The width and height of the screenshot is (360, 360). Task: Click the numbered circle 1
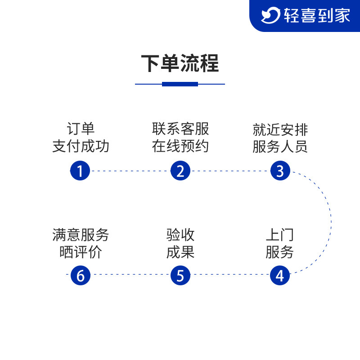pos(80,171)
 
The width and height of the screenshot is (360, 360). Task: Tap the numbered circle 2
pos(180,171)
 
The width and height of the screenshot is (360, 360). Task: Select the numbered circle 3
pos(280,171)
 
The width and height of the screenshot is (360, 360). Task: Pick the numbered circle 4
pos(280,275)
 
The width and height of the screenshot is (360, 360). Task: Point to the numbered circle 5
pos(180,275)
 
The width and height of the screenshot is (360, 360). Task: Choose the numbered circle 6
pos(80,275)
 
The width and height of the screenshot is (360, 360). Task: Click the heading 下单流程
pos(180,63)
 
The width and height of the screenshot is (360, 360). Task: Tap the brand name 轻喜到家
pos(317,16)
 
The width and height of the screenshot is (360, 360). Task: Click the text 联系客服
pos(180,129)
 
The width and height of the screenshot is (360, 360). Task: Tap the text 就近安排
pos(280,130)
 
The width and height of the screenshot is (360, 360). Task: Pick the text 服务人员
pos(280,147)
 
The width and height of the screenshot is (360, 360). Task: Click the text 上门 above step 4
pos(279,235)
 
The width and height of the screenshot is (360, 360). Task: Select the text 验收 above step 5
pos(180,235)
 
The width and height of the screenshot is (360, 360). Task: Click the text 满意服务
pos(81,235)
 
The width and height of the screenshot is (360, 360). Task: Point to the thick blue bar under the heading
pos(180,84)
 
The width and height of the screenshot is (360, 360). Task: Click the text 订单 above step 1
pos(81,129)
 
